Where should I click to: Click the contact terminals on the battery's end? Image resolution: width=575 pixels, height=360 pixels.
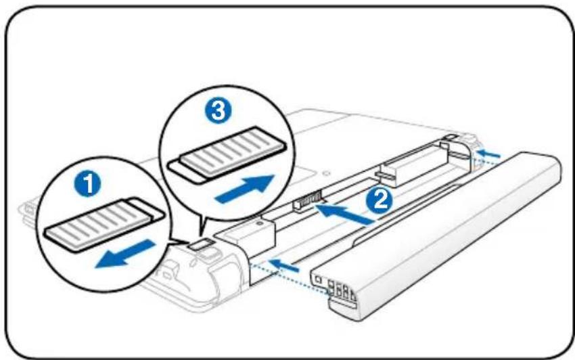[x=341, y=290]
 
